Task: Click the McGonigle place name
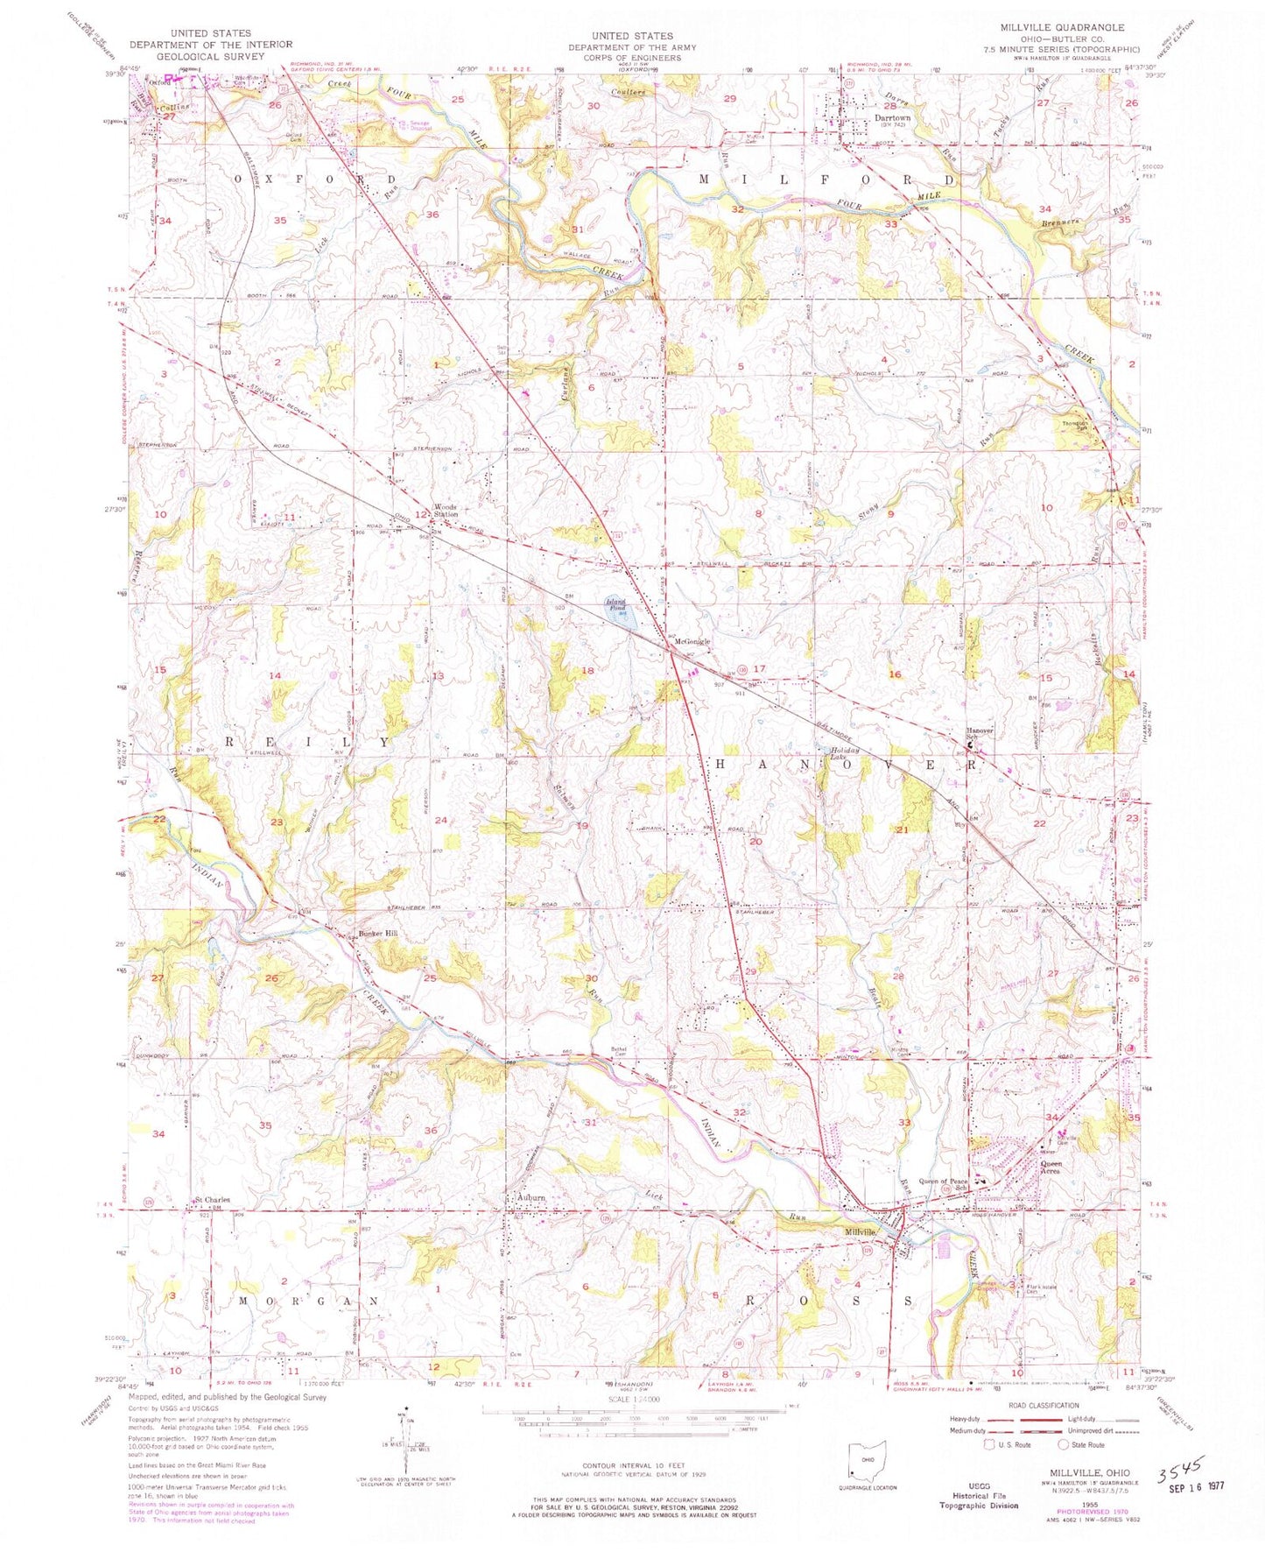click(691, 641)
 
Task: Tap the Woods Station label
click(445, 511)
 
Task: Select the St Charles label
click(212, 1200)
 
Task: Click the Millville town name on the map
click(861, 1231)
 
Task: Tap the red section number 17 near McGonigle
click(759, 668)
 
